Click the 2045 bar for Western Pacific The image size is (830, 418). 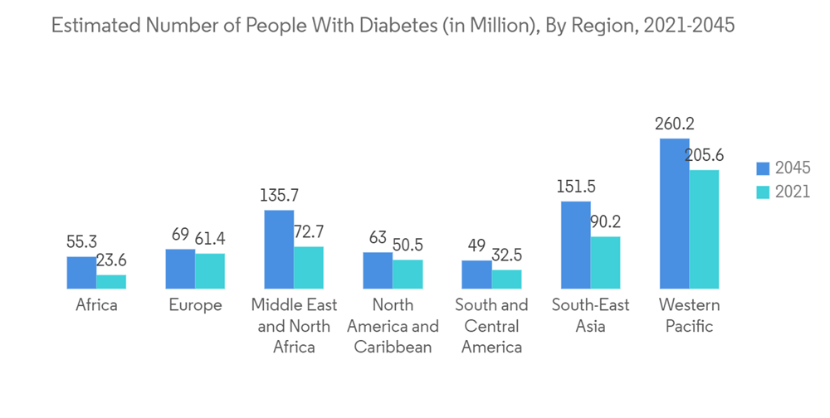[674, 214]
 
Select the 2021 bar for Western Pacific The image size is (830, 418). [704, 230]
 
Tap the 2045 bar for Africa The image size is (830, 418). [81, 273]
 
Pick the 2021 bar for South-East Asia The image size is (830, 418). [605, 263]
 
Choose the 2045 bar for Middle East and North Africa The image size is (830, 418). [279, 250]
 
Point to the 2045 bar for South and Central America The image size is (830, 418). [476, 275]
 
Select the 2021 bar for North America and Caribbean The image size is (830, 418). [408, 275]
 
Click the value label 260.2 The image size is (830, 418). [674, 124]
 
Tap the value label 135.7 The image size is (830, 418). [279, 197]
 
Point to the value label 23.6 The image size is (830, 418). [110, 261]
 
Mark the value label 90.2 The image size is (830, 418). [604, 222]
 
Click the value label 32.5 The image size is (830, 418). [505, 255]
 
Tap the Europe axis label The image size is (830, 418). [195, 305]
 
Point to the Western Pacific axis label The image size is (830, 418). [689, 315]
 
